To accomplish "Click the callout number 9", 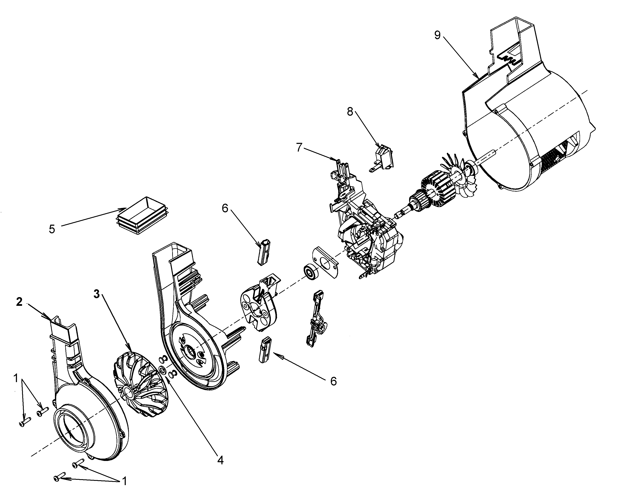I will (x=437, y=35).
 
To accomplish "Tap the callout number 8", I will (x=350, y=112).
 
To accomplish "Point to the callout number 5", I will (x=52, y=230).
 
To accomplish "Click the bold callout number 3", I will (x=97, y=294).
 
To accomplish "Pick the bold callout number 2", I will (x=19, y=302).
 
